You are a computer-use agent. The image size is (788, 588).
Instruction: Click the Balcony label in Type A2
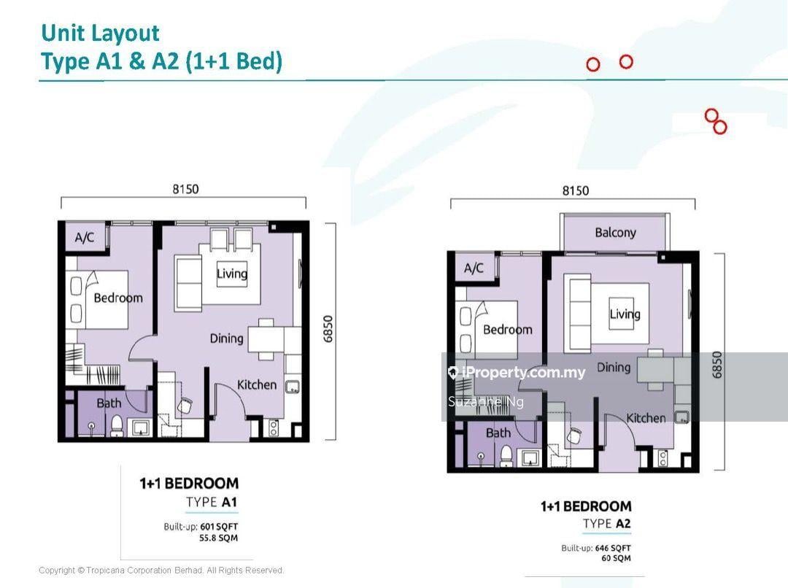[x=615, y=232]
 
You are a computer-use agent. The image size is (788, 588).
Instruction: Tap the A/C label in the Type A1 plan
[x=85, y=237]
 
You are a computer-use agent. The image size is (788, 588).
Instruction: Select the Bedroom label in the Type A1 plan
[x=118, y=298]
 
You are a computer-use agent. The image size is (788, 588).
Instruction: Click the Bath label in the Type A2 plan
[x=498, y=433]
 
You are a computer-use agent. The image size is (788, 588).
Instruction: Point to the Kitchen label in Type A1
[x=257, y=385]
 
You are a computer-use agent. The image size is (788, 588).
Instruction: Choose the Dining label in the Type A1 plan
[x=227, y=339]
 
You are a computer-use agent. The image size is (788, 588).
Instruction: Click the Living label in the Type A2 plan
[x=625, y=314]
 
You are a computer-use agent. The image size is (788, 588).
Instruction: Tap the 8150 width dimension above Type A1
[x=185, y=189]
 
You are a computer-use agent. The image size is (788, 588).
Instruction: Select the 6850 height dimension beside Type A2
[x=717, y=365]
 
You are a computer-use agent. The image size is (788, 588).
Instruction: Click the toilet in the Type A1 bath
[x=117, y=425]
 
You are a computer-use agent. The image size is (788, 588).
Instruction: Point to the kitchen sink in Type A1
[x=293, y=387]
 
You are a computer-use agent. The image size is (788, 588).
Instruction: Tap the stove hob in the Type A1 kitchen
[x=274, y=428]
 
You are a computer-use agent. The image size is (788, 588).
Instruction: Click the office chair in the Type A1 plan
[x=185, y=406]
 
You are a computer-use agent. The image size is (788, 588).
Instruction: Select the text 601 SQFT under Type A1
[x=219, y=527]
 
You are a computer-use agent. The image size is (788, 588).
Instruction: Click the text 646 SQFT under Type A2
[x=613, y=549]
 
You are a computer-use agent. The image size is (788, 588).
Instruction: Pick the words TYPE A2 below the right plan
[x=606, y=524]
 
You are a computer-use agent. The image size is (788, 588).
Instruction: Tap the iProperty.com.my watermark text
[x=522, y=372]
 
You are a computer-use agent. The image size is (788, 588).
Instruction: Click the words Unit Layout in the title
[x=100, y=33]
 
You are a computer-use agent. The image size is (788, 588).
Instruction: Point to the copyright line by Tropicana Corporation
[x=161, y=570]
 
